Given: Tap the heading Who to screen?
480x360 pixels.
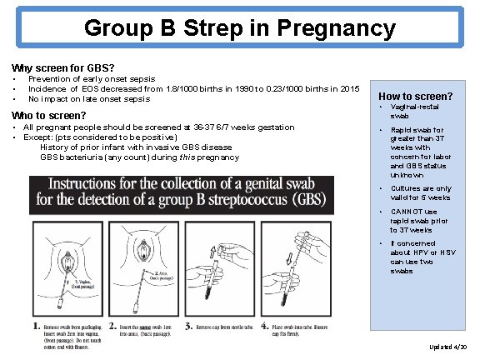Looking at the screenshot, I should click(x=48, y=115).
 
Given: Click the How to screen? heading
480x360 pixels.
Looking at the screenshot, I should click(x=415, y=96).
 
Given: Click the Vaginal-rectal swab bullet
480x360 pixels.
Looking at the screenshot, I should click(x=408, y=113).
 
